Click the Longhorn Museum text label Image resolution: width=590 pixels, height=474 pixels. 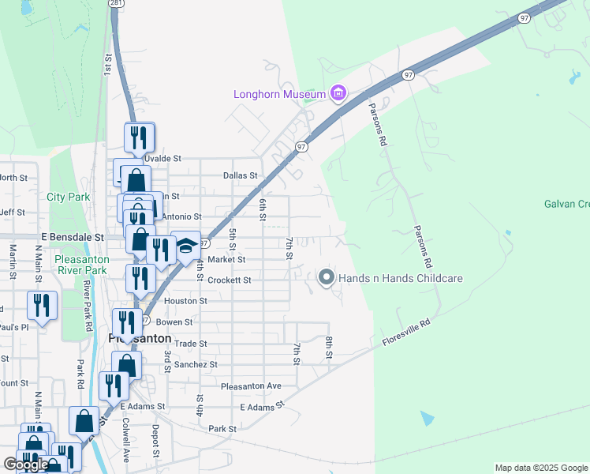(x=279, y=95)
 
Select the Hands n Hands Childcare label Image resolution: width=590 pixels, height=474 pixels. (x=400, y=278)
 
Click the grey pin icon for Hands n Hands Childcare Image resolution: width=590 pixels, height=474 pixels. (x=327, y=278)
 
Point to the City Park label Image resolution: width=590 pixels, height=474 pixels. (x=69, y=197)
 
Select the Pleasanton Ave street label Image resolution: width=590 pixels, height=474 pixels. (x=251, y=386)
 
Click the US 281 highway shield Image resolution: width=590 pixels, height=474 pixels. (x=116, y=4)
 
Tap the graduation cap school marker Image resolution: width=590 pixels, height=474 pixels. (x=186, y=246)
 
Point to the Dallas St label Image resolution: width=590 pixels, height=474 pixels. (x=240, y=175)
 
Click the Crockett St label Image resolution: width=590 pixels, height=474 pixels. (x=229, y=280)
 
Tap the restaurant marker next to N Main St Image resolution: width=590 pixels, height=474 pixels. (x=41, y=305)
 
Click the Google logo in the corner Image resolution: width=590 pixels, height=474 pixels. (x=26, y=465)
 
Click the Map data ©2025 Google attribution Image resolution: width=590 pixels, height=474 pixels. (x=541, y=468)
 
